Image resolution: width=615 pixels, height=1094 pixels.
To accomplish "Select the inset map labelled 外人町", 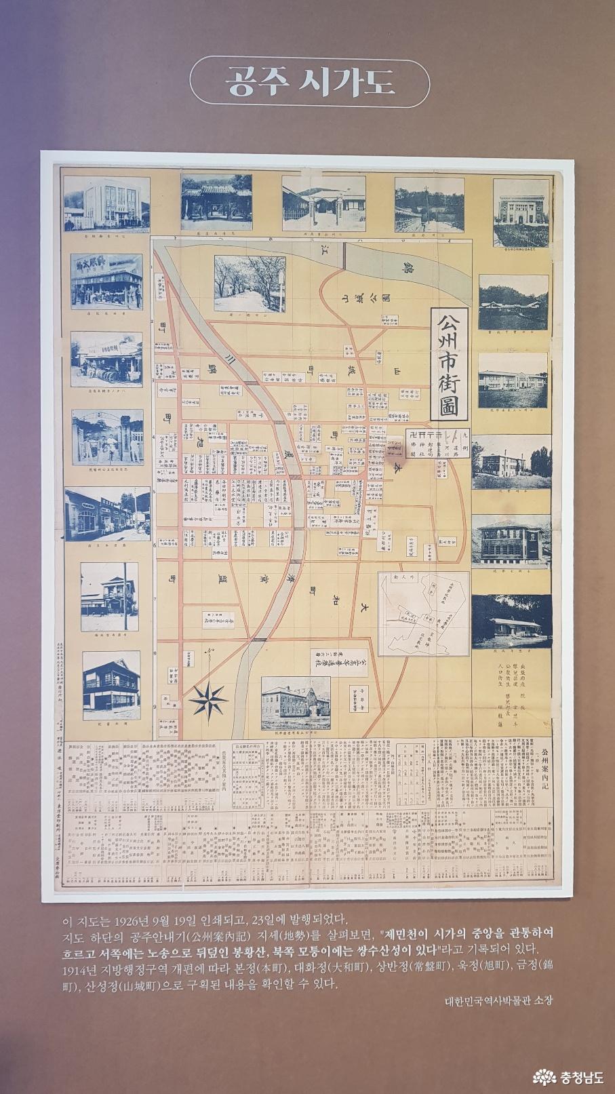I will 424,614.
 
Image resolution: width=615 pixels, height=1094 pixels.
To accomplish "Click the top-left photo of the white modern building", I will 106,202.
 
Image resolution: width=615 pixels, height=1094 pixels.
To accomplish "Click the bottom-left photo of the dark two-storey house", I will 111,685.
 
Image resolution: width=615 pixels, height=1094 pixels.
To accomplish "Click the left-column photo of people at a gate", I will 107,437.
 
